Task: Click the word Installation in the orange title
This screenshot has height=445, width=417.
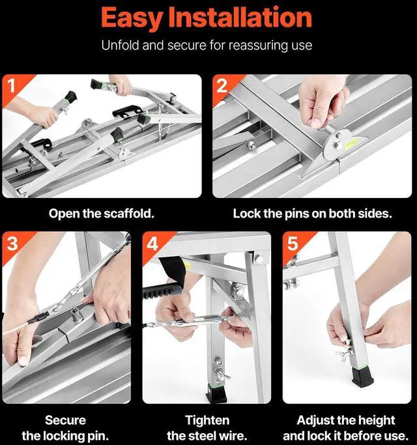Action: click(x=240, y=18)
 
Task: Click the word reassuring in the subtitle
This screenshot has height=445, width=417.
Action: click(x=262, y=46)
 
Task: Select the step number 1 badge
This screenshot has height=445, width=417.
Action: click(x=12, y=85)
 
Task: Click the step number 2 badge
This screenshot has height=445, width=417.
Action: click(x=222, y=85)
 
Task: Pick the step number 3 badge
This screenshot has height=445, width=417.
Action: click(x=12, y=243)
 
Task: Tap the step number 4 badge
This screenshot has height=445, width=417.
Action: click(x=152, y=243)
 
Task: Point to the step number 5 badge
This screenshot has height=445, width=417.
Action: click(x=293, y=243)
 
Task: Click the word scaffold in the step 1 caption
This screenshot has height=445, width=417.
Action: click(x=128, y=214)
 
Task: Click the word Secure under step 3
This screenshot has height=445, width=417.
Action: click(x=65, y=420)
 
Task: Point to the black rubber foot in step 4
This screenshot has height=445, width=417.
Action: click(x=216, y=393)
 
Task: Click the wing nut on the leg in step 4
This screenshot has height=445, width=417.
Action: click(x=223, y=377)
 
